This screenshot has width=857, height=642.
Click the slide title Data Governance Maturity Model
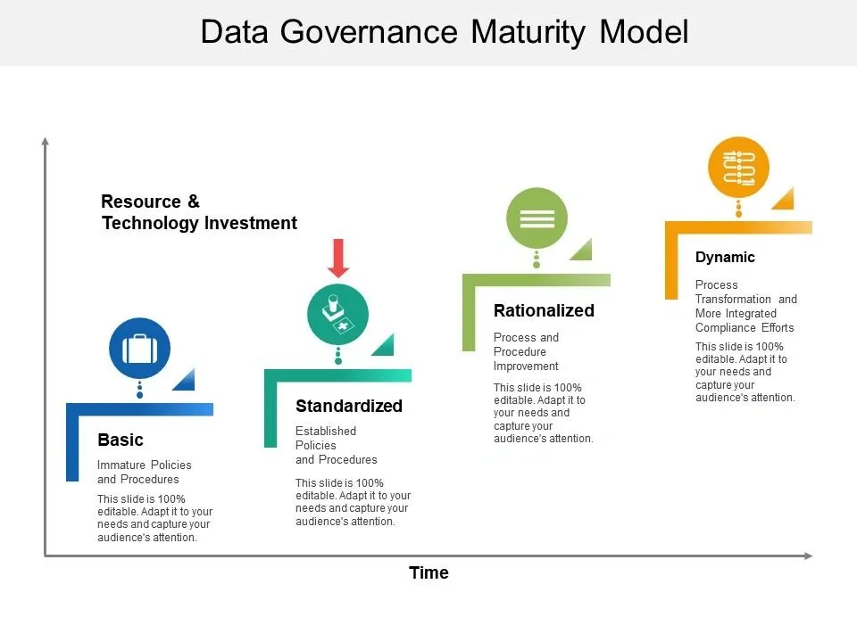pos(445,32)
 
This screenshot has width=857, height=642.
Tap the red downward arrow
pos(338,258)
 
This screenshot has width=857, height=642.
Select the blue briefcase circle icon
pos(139,349)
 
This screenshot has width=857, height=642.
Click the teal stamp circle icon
pos(337,314)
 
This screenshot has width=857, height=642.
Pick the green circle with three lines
pos(537,218)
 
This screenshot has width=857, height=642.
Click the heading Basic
pos(121,440)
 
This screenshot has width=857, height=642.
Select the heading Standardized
pos(349,406)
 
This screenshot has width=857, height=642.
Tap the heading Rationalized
pos(544,310)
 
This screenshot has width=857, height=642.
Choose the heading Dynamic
pos(725,257)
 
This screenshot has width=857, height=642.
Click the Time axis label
pos(428,572)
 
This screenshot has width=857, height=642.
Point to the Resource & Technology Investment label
pos(199,212)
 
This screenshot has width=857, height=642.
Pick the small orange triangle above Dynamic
pos(785,200)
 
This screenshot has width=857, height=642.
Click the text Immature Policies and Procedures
pos(144,472)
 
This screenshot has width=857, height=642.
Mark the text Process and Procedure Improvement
pos(527,351)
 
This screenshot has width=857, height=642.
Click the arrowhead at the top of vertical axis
pos(45,140)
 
